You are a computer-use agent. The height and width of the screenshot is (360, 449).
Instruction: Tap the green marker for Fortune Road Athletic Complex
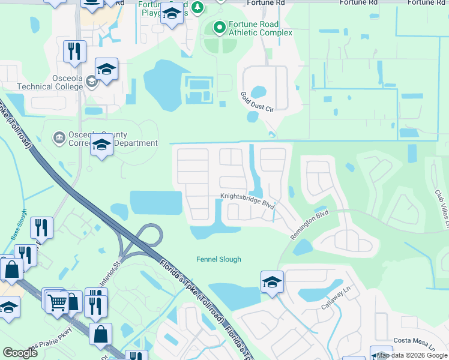219,26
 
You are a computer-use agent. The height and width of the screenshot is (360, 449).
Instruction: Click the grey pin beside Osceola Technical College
91,82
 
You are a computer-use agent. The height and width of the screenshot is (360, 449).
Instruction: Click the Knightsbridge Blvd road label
247,200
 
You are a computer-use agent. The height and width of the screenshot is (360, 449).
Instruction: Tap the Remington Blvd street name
310,224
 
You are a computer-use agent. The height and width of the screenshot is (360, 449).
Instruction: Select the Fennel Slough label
219,259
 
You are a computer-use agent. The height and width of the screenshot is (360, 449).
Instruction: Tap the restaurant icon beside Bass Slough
41,227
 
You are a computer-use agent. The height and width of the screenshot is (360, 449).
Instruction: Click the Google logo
20,353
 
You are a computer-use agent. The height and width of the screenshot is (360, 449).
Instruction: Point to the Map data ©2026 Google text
412,356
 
